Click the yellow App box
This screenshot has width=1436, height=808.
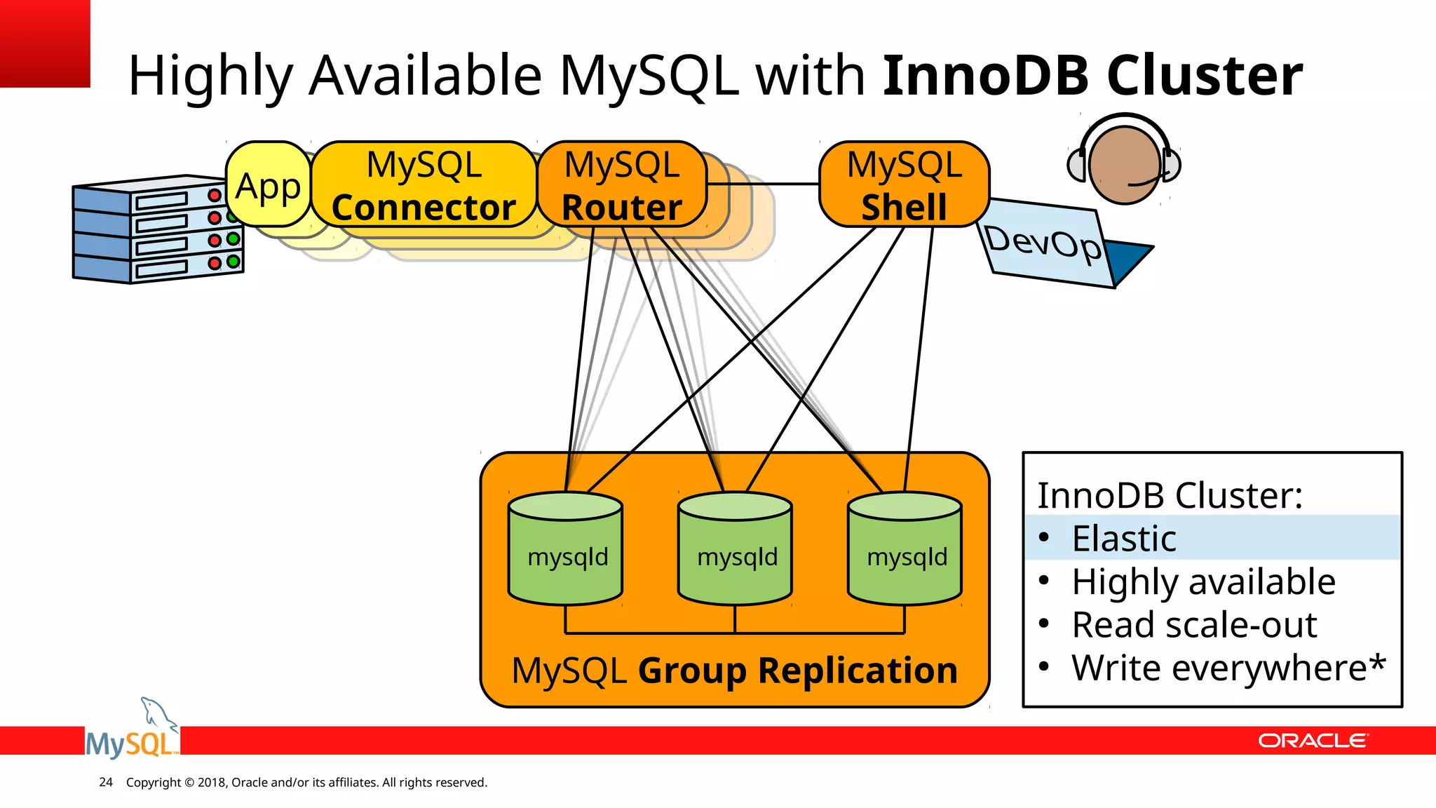269,184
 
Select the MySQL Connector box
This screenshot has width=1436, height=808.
424,185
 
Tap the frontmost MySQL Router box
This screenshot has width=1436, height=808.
622,185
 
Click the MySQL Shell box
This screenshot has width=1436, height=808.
904,185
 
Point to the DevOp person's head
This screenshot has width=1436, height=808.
1124,164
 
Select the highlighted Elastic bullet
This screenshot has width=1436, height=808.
1124,539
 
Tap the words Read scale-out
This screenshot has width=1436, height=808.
1194,625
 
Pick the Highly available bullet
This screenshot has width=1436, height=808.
1203,582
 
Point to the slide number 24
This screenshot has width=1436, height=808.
106,782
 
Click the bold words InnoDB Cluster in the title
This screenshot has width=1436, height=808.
1092,76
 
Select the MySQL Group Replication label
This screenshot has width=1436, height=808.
734,671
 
